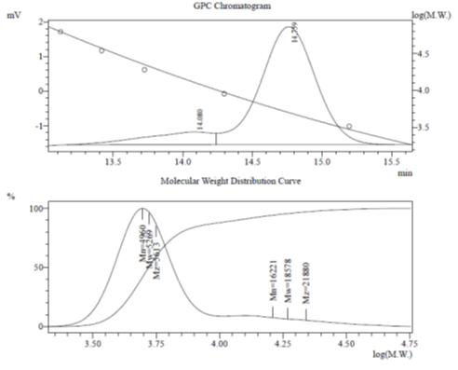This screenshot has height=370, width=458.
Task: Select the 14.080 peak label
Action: click(198, 118)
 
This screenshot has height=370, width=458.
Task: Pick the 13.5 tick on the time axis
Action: click(114, 160)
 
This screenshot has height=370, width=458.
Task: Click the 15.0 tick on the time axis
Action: click(321, 160)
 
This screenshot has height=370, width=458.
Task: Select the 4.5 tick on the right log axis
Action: click(427, 56)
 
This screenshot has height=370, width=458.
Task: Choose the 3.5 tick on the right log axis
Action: click(427, 126)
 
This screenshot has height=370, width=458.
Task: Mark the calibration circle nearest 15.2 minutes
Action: click(349, 126)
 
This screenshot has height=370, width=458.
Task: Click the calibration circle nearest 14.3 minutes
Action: click(224, 93)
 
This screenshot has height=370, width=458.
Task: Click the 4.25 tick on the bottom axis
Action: click(284, 343)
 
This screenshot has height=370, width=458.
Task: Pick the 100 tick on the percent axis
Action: click(37, 208)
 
